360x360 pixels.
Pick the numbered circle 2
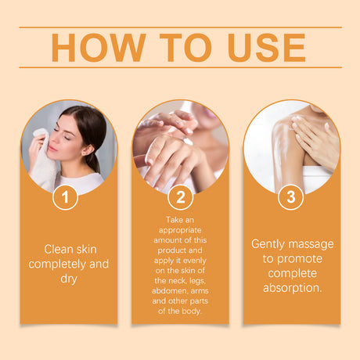point(180,197)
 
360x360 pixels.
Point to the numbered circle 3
point(291,197)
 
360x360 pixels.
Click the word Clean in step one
point(59,250)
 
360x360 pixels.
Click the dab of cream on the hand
point(188,142)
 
